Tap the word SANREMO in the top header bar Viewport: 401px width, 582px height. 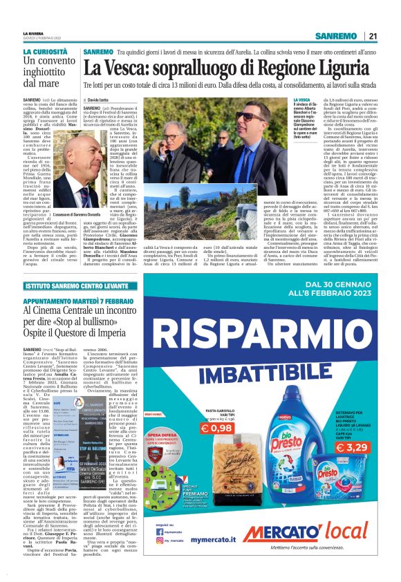(336, 36)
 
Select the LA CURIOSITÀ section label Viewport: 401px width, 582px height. (46, 52)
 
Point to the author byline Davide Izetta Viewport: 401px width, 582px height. (104, 101)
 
